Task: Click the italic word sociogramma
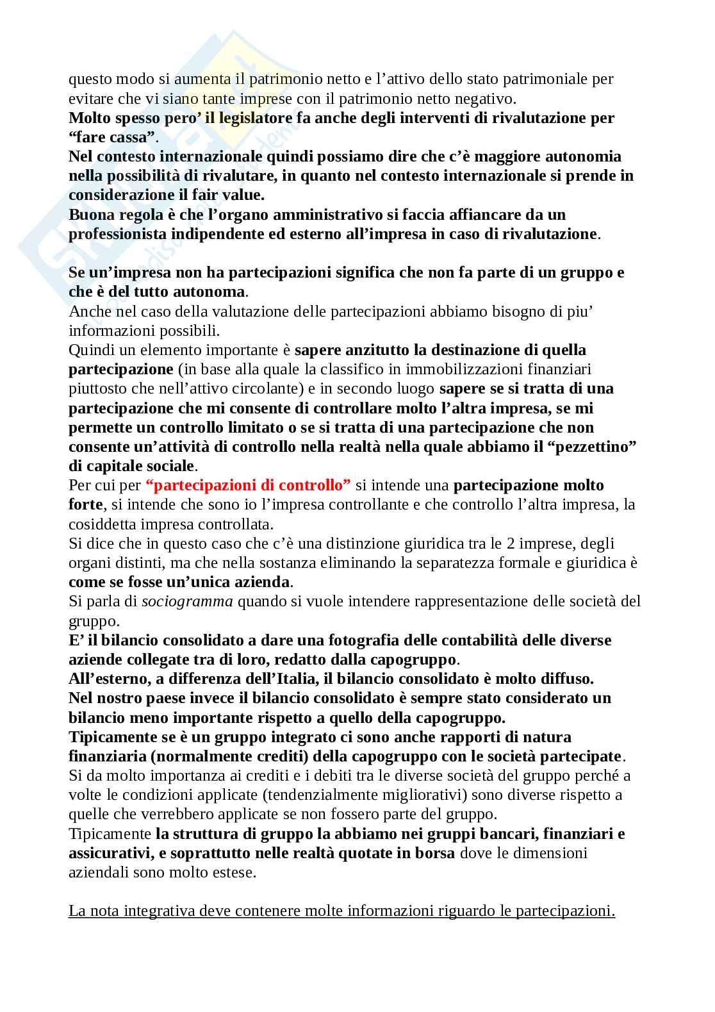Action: coord(187,602)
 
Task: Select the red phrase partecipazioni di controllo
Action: coord(248,485)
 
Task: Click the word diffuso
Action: coord(566,679)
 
